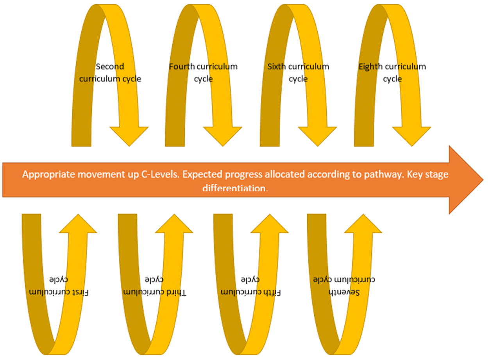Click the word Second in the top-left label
[x=110, y=66]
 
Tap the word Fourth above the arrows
[x=182, y=66]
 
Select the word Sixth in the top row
[x=277, y=66]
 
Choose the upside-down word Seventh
[x=344, y=292]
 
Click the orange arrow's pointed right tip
[x=483, y=180]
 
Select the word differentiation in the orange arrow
[x=235, y=188]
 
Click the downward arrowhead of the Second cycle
[x=129, y=136]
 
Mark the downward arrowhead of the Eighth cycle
[x=411, y=136]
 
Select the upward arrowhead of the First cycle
[x=78, y=224]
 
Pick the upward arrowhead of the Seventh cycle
[x=363, y=224]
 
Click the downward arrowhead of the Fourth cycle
[x=223, y=136]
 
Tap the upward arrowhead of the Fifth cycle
[x=270, y=224]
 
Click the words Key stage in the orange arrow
[x=427, y=175]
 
